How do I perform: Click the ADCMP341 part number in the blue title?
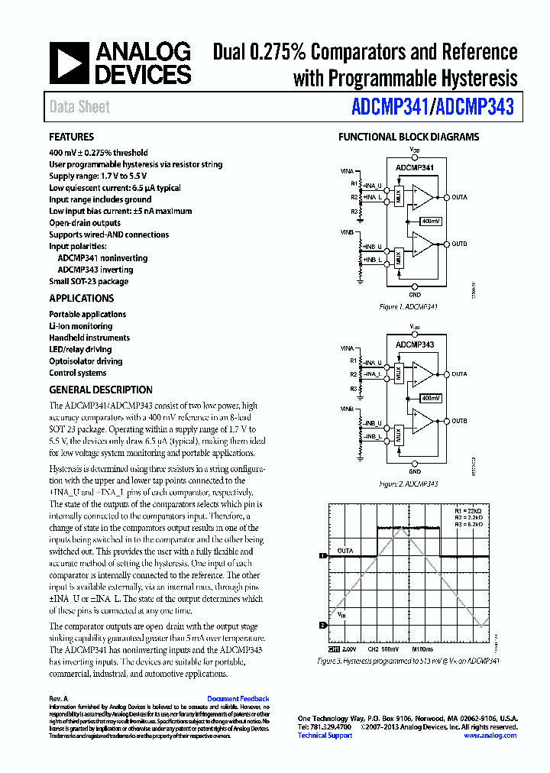coord(389,107)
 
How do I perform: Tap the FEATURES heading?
coord(71,137)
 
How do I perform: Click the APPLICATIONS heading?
coord(82,299)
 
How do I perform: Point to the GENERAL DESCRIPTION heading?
coord(101,390)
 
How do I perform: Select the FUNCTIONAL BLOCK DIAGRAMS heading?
coord(409,137)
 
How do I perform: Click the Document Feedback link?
coord(238,699)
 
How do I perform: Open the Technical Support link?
coord(325,736)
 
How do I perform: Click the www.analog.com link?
coord(490,736)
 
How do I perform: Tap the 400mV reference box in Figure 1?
coord(431,221)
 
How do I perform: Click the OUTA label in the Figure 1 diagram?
coord(459,198)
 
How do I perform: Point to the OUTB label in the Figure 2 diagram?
coord(459,421)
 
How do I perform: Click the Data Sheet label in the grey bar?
coord(79,107)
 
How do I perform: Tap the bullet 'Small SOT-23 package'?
coord(89,281)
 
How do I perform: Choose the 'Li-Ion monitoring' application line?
coord(80,326)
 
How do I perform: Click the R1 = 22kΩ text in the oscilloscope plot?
coord(468,509)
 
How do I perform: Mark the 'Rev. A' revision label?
coord(58,699)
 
